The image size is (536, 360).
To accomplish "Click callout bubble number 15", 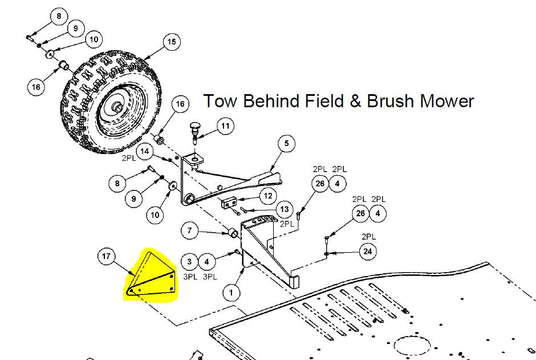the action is point(172,42).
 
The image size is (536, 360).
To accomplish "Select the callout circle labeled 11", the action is point(225,126).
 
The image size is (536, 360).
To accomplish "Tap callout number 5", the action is point(286,144).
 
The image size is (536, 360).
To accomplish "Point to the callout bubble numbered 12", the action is point(269,196).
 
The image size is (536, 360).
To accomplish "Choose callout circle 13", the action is point(285,209).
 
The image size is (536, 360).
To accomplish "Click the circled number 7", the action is point(190,230).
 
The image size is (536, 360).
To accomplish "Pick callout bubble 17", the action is point(106,256).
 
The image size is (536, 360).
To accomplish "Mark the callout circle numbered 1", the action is point(231,293).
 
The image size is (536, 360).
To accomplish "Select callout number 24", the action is point(367,252).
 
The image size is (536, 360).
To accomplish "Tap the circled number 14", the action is point(145,151).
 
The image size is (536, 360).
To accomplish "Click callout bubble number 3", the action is point(189,262).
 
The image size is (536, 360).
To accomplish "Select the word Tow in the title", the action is point(220,101).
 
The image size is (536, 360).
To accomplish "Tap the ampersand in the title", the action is point(356,102).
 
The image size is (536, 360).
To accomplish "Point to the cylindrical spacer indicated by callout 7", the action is point(233,232).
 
